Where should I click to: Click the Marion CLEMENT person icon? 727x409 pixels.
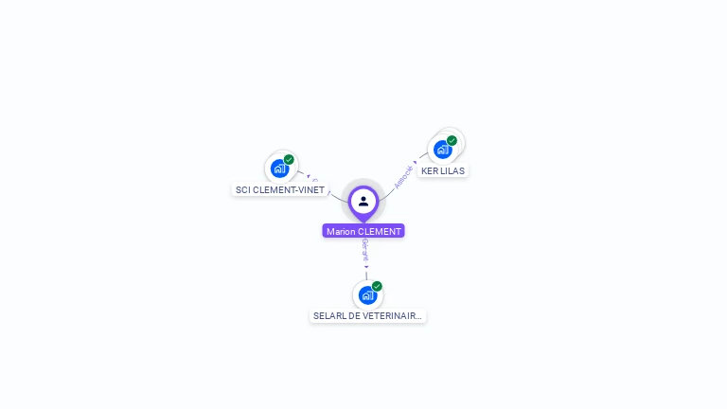click(363, 201)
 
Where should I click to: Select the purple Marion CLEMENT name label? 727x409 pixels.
click(363, 231)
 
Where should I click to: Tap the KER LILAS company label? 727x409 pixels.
click(443, 171)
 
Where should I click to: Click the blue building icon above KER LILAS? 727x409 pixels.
click(442, 149)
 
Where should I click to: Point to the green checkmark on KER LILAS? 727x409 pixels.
click(452, 140)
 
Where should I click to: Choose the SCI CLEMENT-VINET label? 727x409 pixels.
click(280, 189)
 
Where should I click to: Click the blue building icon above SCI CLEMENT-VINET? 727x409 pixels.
click(279, 169)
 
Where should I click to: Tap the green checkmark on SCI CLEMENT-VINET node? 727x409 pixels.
click(289, 159)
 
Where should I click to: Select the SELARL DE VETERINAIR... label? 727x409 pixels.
click(367, 315)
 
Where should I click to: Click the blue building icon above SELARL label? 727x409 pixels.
click(367, 295)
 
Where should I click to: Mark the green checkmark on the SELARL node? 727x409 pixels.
click(377, 286)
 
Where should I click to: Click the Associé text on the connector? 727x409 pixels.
click(403, 176)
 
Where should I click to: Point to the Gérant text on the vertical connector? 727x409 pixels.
click(365, 250)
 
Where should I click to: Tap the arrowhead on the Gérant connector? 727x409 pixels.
click(366, 267)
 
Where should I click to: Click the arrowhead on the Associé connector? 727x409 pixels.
click(416, 162)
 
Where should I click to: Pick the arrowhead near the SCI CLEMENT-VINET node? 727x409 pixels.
click(308, 176)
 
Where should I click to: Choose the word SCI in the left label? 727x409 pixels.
click(242, 189)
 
